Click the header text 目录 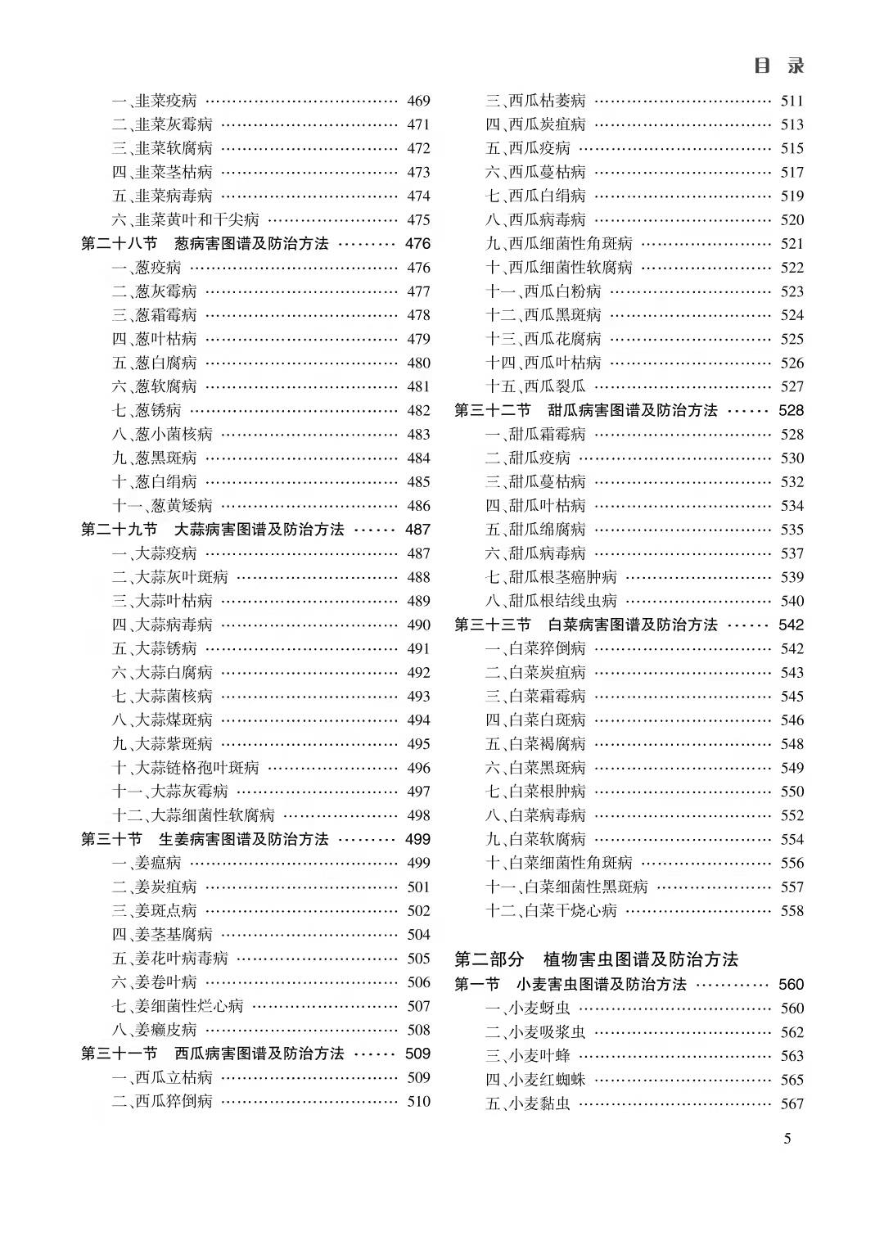[x=778, y=65]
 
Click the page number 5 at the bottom [x=787, y=1138]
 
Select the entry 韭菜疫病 [x=155, y=101]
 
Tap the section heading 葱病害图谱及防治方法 [x=251, y=243]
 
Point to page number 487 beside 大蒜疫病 [x=418, y=553]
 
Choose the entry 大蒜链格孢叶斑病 [x=186, y=768]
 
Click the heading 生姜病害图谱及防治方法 [x=243, y=839]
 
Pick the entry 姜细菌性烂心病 [x=178, y=1006]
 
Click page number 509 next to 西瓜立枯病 [x=418, y=1077]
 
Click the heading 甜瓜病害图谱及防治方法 [x=633, y=410]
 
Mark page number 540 [x=792, y=601]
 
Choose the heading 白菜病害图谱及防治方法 [x=633, y=625]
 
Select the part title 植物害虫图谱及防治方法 [x=641, y=959]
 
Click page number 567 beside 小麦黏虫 [x=792, y=1103]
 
